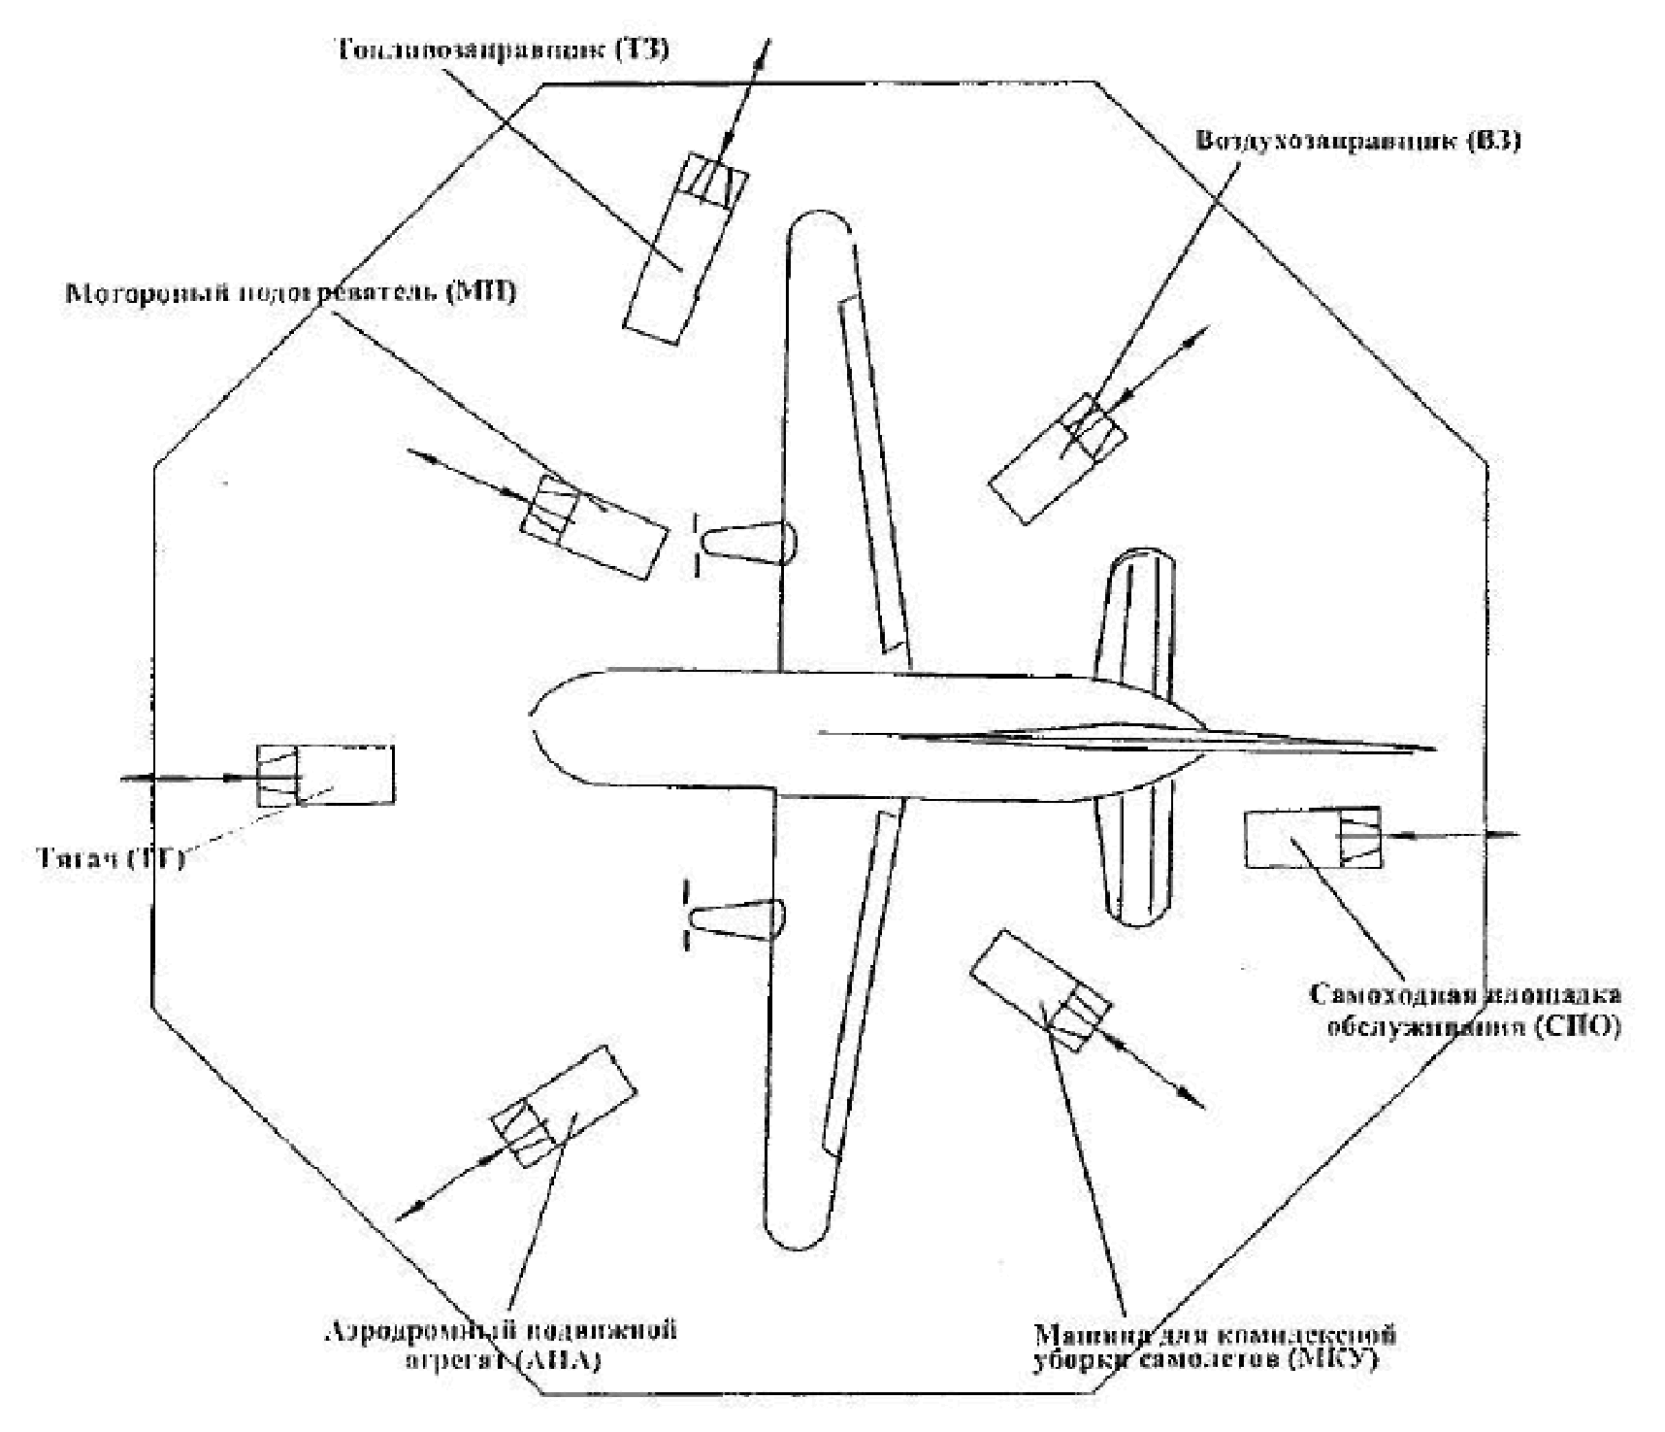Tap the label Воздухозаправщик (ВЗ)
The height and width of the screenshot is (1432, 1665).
(1357, 141)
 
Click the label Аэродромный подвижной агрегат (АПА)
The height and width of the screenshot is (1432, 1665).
(499, 1344)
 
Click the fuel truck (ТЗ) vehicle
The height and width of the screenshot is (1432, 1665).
(684, 247)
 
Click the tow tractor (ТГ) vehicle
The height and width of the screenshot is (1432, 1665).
(325, 775)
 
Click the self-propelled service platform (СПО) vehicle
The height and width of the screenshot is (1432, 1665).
(1312, 838)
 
